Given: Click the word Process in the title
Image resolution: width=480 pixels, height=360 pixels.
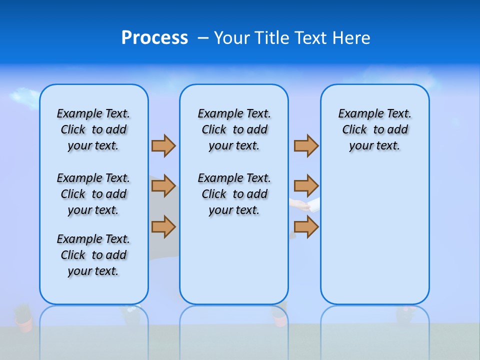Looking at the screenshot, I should (x=154, y=38).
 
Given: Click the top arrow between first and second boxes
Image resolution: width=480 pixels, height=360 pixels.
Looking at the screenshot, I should (x=163, y=145).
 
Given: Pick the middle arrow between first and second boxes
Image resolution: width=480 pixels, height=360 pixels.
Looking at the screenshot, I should (x=163, y=186).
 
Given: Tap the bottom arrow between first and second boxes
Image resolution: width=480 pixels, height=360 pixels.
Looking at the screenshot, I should (x=163, y=226).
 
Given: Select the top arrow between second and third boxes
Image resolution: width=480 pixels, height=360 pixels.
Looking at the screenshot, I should (x=306, y=145).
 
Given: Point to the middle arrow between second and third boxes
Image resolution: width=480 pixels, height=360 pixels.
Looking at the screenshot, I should (x=306, y=186).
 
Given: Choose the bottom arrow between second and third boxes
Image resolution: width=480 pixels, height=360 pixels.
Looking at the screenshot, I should (x=306, y=226).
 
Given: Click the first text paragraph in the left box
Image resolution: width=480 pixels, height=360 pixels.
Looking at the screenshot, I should (x=93, y=129).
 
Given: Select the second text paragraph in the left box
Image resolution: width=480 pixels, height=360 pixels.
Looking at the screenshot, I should (x=93, y=194).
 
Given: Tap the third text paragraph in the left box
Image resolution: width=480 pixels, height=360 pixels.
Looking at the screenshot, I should (x=93, y=255).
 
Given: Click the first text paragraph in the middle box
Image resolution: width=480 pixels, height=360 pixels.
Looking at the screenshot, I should (x=234, y=129).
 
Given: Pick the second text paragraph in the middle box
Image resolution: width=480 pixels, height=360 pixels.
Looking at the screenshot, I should (x=234, y=194).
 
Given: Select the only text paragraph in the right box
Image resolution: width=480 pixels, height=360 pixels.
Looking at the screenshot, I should (x=375, y=129).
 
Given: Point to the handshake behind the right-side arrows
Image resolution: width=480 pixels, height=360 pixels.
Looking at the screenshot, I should (x=304, y=205).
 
